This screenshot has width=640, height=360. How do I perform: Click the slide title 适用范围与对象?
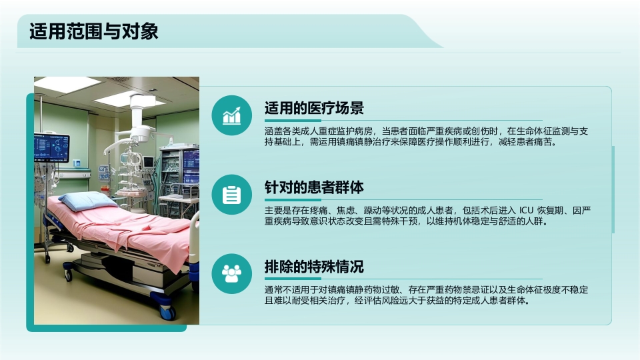click(x=94, y=31)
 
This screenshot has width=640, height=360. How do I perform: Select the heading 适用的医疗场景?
click(x=314, y=109)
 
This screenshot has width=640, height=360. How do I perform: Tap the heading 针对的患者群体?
click(x=314, y=188)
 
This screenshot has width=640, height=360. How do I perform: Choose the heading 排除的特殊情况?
click(x=314, y=267)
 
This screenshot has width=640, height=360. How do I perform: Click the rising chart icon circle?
click(x=231, y=115)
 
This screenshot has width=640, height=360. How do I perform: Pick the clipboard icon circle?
click(x=231, y=195)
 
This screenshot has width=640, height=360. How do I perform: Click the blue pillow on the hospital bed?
click(x=85, y=199)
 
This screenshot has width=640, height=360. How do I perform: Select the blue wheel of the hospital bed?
click(x=166, y=311)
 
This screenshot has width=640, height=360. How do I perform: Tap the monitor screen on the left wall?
click(x=51, y=147)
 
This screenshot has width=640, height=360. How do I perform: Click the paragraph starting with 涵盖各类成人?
click(x=427, y=136)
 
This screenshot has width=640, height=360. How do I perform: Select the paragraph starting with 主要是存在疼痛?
click(x=427, y=216)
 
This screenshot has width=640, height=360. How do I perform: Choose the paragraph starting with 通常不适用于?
click(x=427, y=295)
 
